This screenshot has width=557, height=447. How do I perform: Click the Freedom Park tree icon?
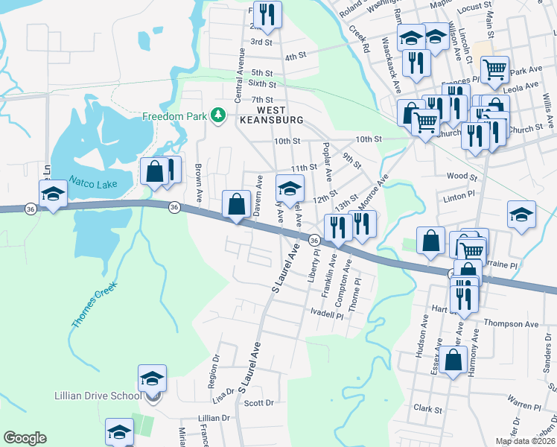[x=218, y=115]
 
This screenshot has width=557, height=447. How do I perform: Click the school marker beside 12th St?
[x=290, y=187]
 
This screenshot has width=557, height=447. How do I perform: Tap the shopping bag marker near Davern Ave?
[x=236, y=203]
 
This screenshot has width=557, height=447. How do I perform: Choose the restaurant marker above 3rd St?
[x=264, y=14]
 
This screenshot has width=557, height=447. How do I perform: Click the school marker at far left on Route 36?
[x=53, y=195]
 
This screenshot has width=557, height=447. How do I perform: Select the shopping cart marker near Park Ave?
[x=494, y=70]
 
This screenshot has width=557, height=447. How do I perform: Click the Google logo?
[x=25, y=438]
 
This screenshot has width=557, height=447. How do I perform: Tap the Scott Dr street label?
[x=259, y=403]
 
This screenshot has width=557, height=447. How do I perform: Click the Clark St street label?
[x=428, y=409]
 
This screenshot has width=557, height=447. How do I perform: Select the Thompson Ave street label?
[x=511, y=324]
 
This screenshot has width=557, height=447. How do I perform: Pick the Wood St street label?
[x=462, y=177]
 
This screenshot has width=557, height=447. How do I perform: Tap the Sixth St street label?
[x=262, y=84]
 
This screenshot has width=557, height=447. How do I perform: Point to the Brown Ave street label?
[x=199, y=184]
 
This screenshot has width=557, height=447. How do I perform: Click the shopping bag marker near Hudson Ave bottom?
[x=453, y=361]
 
